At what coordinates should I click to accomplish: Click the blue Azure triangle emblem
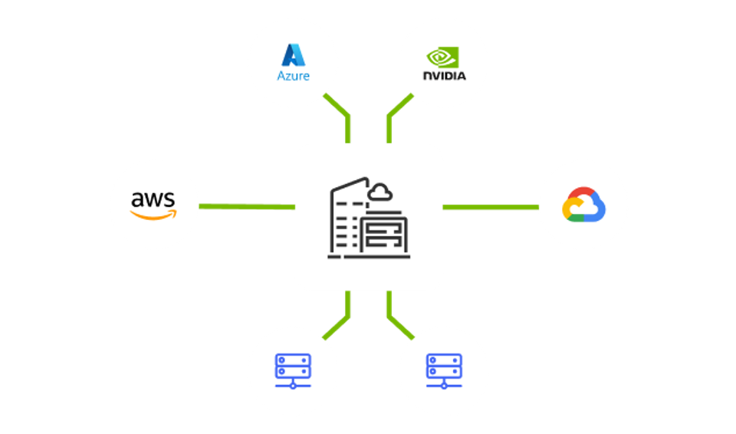pyautogui.click(x=293, y=54)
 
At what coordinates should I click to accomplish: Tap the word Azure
pyautogui.click(x=293, y=76)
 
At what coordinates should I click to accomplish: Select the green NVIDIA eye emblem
pyautogui.click(x=443, y=58)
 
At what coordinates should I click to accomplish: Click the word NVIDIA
pyautogui.click(x=444, y=77)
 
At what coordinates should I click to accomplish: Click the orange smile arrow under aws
pyautogui.click(x=154, y=215)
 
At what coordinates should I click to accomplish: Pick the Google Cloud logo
pyautogui.click(x=583, y=205)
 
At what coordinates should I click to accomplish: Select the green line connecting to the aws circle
pyautogui.click(x=246, y=207)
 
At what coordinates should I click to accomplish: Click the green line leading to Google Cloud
pyautogui.click(x=491, y=207)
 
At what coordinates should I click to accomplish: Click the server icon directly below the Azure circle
pyautogui.click(x=293, y=370)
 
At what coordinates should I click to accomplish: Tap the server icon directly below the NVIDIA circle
pyautogui.click(x=444, y=370)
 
